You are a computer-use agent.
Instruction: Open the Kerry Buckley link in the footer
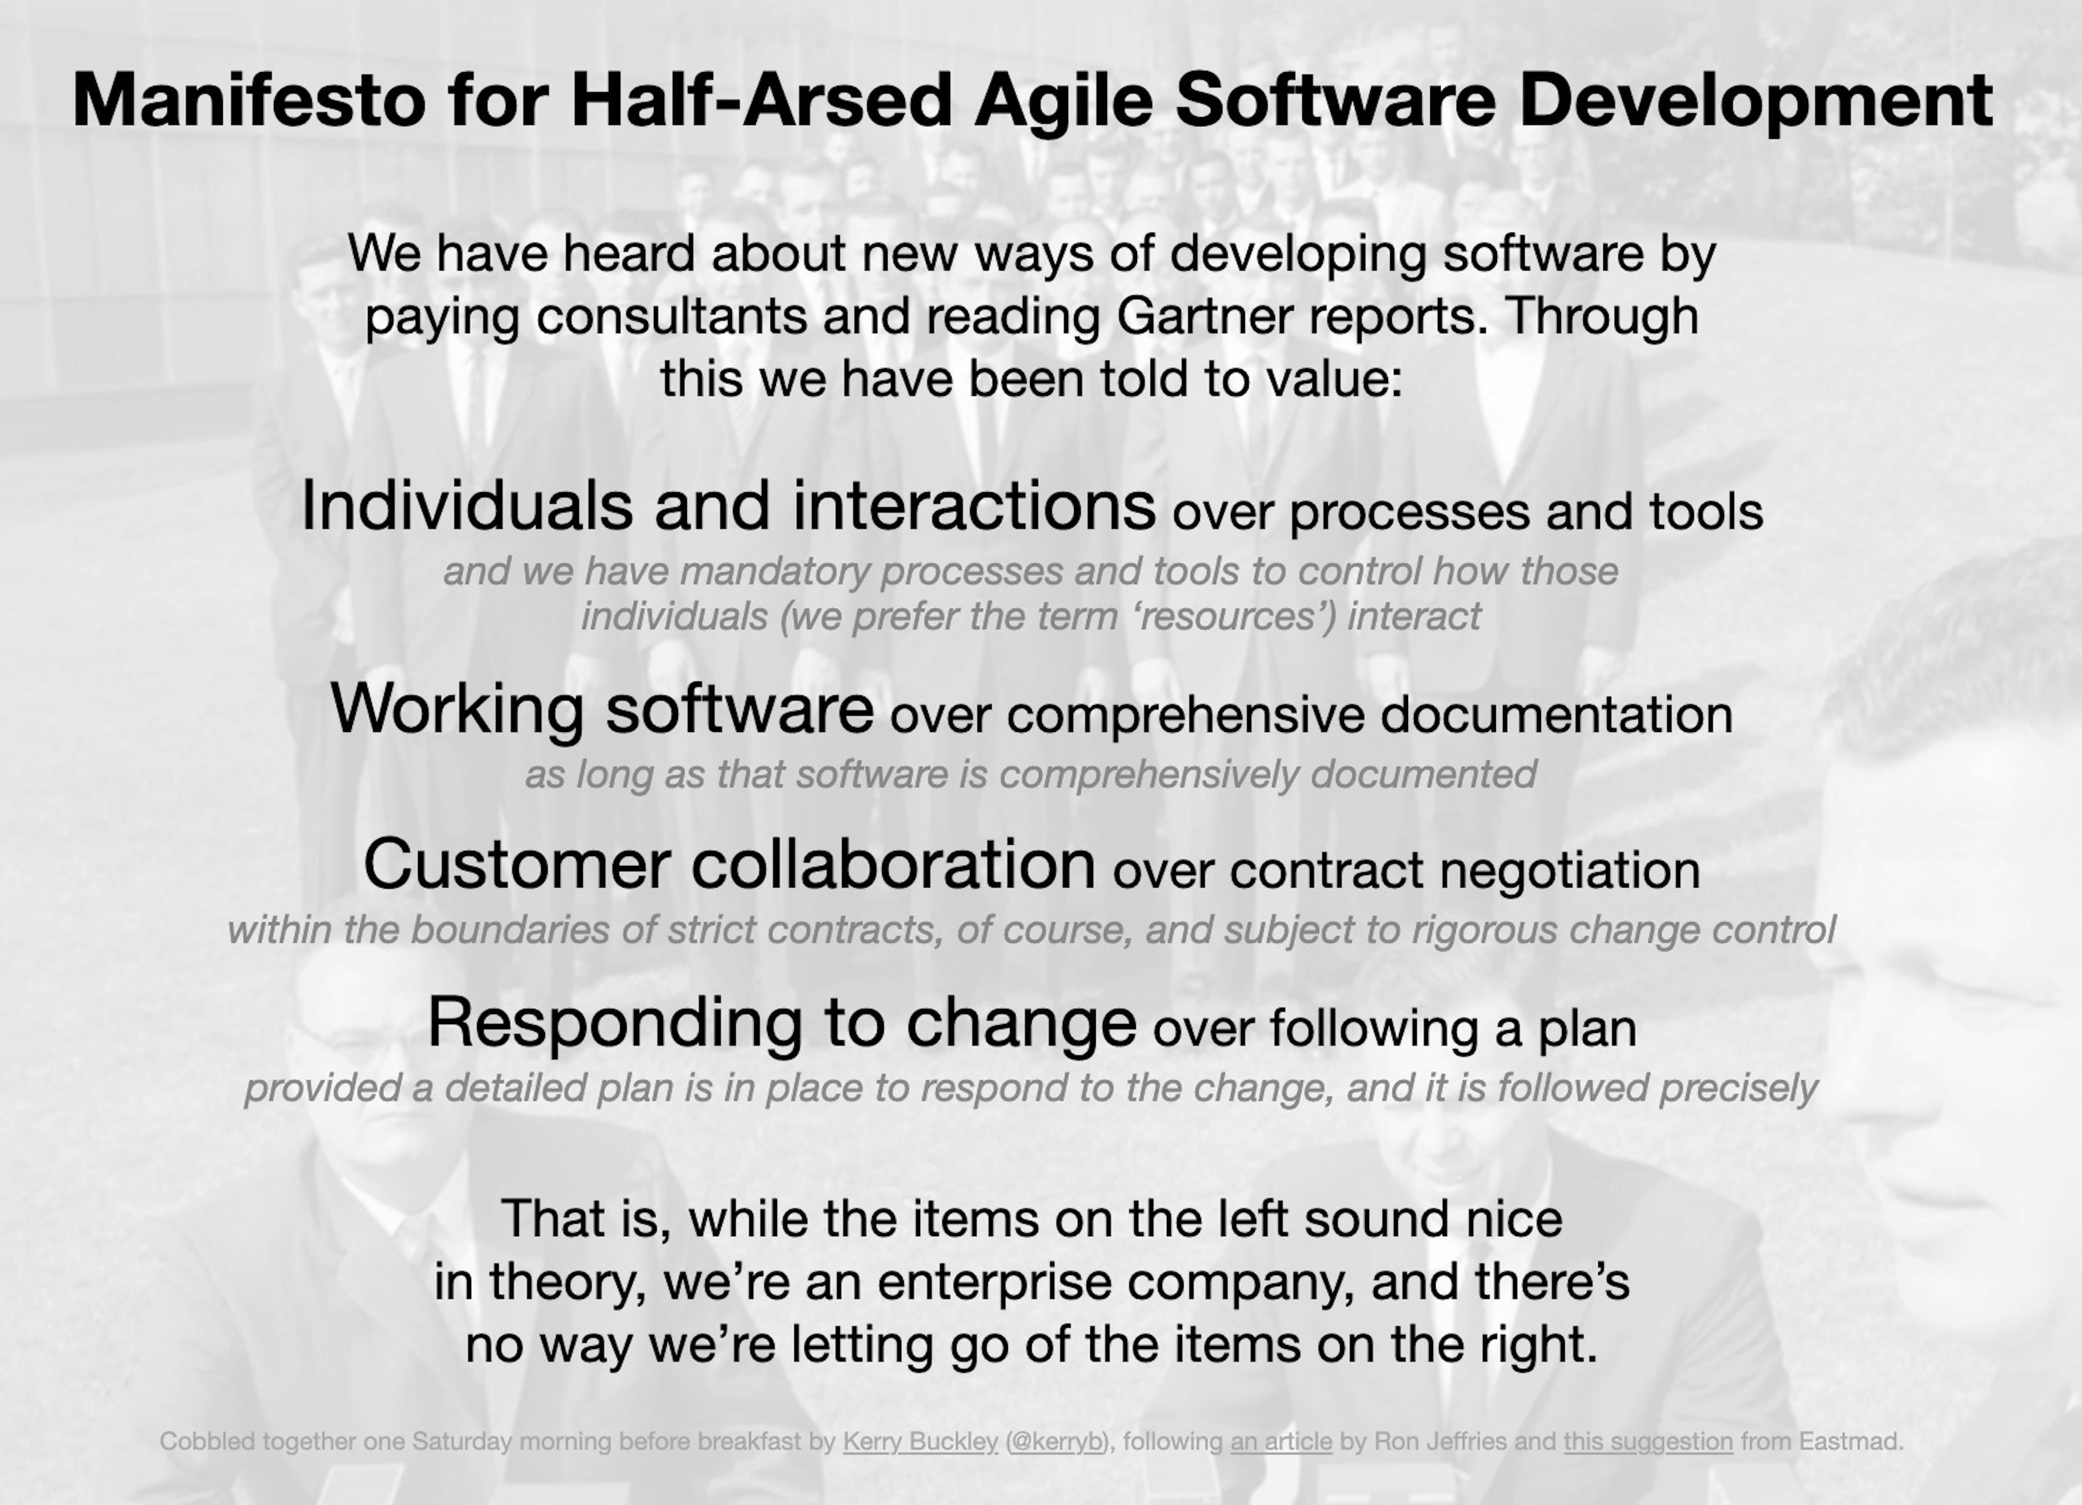(x=920, y=1442)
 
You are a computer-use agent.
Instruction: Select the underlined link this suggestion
(x=1648, y=1442)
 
